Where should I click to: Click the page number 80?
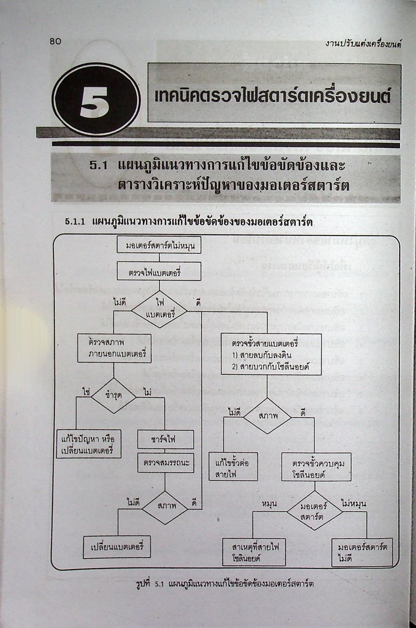(55, 41)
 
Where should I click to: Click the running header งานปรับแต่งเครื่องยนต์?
(364, 44)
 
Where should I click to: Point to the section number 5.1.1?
(76, 222)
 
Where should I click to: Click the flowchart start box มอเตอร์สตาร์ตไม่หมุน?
(159, 245)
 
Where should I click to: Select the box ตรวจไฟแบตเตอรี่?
(158, 271)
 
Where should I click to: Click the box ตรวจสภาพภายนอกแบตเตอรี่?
(114, 348)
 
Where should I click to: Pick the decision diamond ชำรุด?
(114, 395)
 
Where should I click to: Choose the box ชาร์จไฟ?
(165, 439)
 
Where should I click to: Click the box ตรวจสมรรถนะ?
(165, 462)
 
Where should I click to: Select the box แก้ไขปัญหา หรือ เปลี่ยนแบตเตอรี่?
(89, 444)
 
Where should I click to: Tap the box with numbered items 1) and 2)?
(271, 354)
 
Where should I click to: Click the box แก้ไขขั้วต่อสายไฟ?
(233, 466)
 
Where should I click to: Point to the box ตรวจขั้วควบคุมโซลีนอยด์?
(316, 467)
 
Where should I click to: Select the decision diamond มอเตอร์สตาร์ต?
(314, 510)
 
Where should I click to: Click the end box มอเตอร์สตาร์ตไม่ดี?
(362, 552)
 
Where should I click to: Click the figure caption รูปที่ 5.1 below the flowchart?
(225, 584)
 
